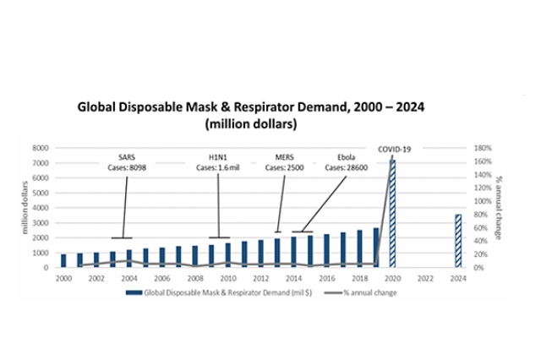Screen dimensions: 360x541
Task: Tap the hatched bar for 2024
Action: pos(458,240)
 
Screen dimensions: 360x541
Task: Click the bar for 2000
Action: pos(63,260)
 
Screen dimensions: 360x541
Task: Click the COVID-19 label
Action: pos(394,150)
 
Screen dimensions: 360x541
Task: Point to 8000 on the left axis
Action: pos(41,148)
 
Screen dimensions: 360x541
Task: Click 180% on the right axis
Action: pos(481,148)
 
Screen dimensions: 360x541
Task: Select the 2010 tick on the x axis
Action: pos(227,277)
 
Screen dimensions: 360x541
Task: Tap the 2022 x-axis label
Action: pos(425,277)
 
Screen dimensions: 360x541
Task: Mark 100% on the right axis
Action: pos(481,201)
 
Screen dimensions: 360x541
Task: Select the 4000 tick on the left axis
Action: pos(41,208)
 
